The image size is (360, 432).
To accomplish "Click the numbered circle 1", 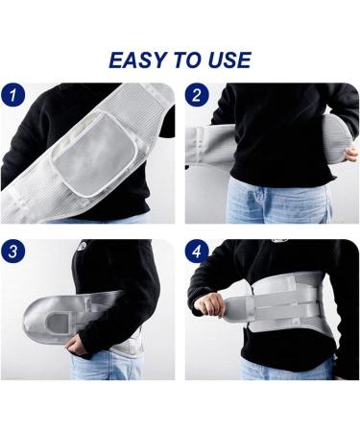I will coord(14,95).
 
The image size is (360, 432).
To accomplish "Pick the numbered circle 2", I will coord(197,95).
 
